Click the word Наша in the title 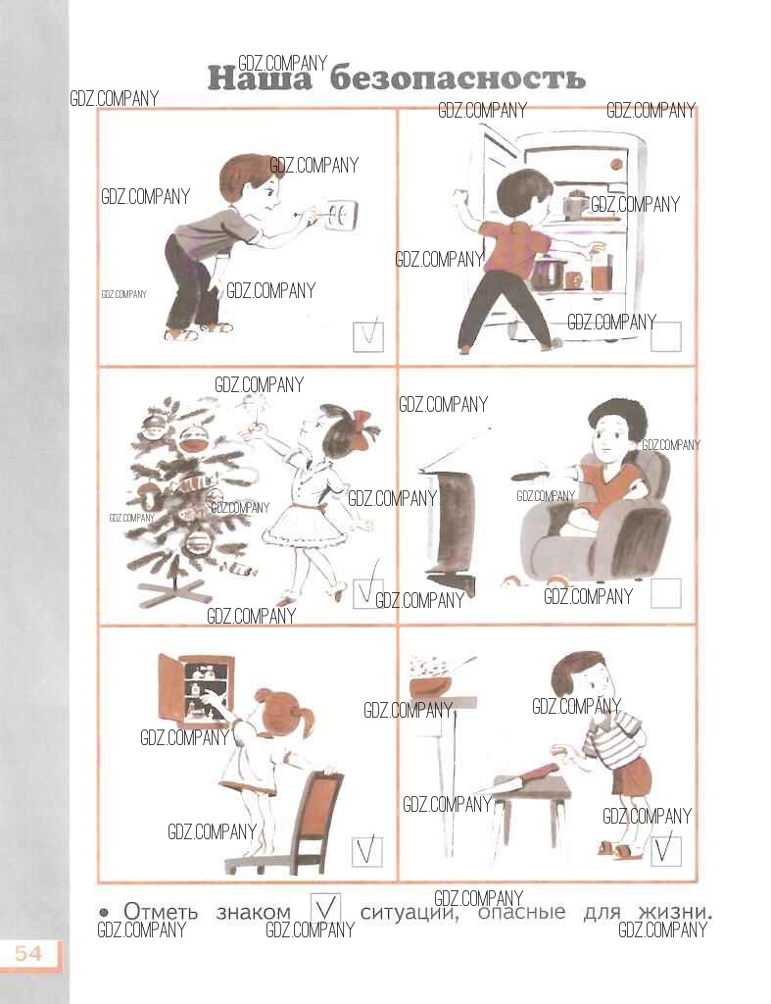click(260, 78)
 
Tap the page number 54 click(28, 954)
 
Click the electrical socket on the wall click(341, 215)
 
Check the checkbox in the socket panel click(368, 336)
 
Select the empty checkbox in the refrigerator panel click(666, 336)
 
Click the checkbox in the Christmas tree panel click(368, 592)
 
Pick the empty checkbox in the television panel click(666, 593)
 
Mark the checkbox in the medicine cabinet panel click(367, 851)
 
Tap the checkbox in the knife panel click(666, 851)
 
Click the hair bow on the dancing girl click(362, 425)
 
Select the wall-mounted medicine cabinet click(196, 687)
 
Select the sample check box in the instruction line click(325, 907)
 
